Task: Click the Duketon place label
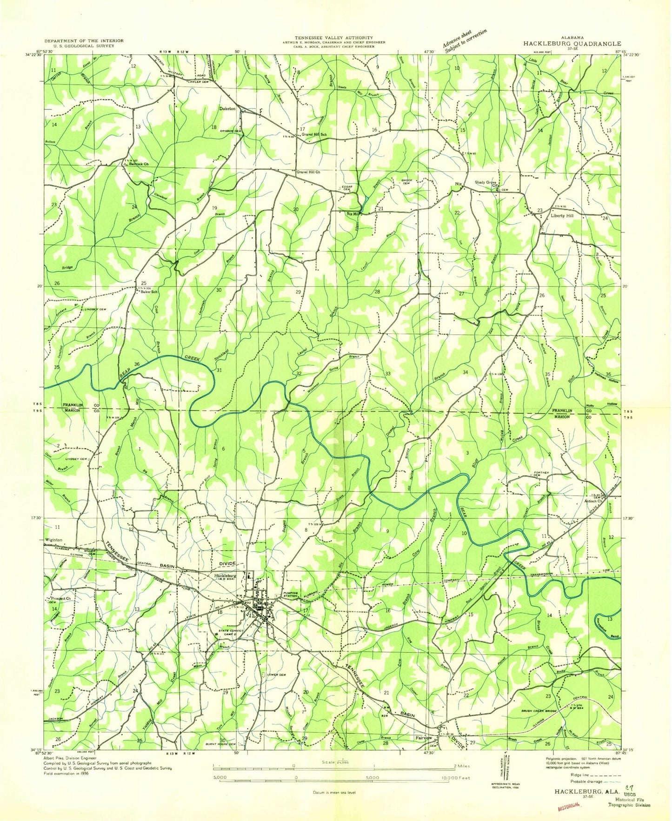click(x=227, y=109)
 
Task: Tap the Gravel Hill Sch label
click(x=314, y=134)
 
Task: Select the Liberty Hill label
click(x=562, y=216)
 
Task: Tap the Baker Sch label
click(x=149, y=292)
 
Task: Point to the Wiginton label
click(x=53, y=540)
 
